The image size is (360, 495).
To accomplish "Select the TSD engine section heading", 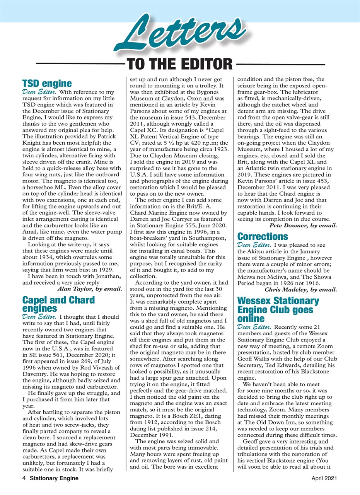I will click(47, 84).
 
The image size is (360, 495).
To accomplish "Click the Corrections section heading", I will click(263, 236).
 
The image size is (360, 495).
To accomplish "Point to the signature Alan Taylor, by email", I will click(89, 288).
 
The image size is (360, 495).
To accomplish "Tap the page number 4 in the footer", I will click(24, 478).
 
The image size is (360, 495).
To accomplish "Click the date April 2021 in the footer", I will click(324, 478).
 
